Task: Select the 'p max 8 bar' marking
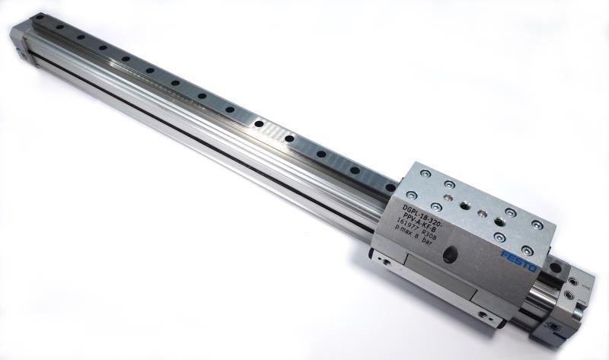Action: [411, 237]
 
